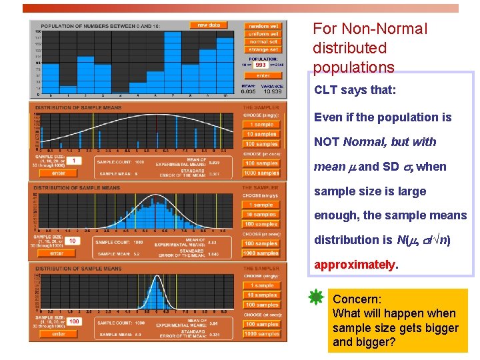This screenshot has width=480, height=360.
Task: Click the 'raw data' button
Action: (x=209, y=25)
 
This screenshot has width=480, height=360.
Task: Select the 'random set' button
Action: (x=263, y=26)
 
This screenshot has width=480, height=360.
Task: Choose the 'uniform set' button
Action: (x=263, y=34)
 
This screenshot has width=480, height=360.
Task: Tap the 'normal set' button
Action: (x=263, y=41)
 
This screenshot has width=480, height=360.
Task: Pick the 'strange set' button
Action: (x=263, y=49)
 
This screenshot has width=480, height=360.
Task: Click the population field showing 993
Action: (x=261, y=65)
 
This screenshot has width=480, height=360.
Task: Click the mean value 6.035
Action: (x=248, y=91)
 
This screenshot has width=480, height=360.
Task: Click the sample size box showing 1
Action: (x=73, y=161)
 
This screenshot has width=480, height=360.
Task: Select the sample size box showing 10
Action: (x=73, y=241)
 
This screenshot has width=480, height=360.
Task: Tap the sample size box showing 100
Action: (x=73, y=321)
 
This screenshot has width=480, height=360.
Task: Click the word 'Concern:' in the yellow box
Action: (x=357, y=299)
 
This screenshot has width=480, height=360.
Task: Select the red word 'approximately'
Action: (x=355, y=264)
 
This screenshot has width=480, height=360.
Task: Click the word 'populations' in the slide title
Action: (x=353, y=67)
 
